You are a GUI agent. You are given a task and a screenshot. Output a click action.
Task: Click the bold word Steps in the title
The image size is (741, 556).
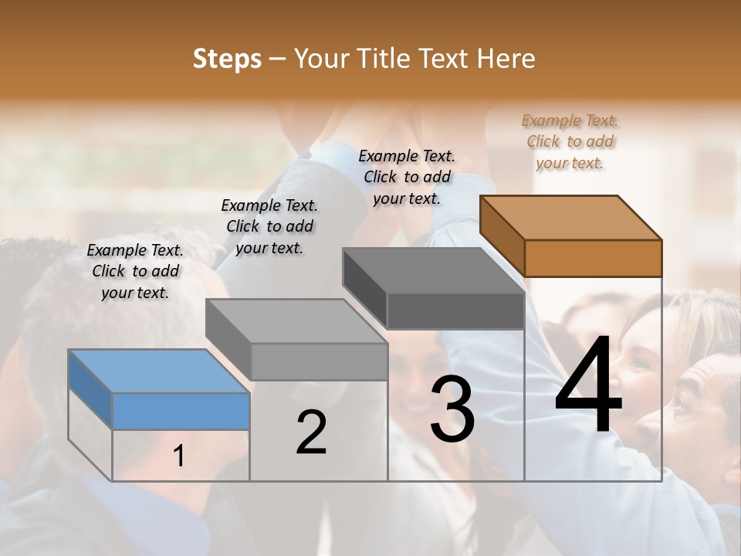click(x=227, y=59)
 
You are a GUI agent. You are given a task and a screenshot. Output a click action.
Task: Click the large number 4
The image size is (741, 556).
click(x=589, y=386)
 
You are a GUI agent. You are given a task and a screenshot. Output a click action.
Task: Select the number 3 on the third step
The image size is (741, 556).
click(x=452, y=409)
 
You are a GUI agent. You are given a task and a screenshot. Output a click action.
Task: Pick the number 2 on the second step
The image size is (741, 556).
click(x=311, y=432)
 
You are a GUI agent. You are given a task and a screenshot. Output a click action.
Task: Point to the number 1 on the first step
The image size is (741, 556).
click(x=179, y=456)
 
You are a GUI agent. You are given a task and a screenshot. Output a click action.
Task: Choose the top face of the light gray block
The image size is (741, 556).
click(x=296, y=321)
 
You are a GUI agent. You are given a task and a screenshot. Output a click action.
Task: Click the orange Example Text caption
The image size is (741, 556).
click(x=570, y=142)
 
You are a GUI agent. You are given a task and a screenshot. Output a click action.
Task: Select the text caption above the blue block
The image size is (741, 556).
click(x=135, y=272)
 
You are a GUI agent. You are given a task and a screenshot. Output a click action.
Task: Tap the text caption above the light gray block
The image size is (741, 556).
click(x=269, y=227)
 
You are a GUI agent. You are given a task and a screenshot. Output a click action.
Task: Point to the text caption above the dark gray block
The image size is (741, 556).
click(x=407, y=177)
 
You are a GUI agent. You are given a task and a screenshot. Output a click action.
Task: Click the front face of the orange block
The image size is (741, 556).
click(x=593, y=258)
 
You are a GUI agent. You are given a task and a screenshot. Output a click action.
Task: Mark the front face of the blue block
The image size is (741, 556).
click(x=181, y=411)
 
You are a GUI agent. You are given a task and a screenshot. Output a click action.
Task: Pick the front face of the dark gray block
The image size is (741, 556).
click(x=455, y=311)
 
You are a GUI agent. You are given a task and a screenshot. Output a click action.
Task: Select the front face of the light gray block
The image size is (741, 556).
click(x=319, y=361)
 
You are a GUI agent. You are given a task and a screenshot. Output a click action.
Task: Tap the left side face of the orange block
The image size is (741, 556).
click(x=502, y=236)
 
